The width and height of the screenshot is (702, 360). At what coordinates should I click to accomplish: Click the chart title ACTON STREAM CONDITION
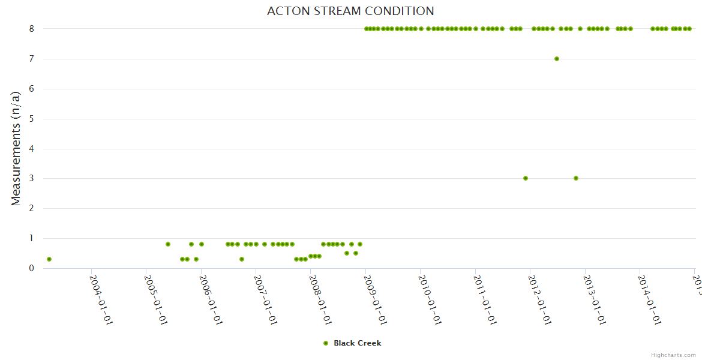(350, 11)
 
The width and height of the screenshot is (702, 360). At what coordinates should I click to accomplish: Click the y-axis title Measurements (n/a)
(16, 149)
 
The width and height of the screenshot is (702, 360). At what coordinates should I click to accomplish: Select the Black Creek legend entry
(357, 343)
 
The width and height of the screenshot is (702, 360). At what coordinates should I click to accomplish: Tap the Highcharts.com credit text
(673, 355)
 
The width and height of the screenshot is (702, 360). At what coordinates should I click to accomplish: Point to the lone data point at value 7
(557, 59)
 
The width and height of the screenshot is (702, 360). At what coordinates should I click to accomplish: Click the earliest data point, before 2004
(49, 259)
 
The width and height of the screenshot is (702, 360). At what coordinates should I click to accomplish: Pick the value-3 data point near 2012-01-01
(526, 178)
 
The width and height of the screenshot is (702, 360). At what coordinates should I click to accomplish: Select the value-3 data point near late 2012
(576, 178)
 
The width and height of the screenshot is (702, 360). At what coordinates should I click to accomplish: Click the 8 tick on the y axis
(31, 29)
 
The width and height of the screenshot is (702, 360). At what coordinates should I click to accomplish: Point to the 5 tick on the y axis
(31, 119)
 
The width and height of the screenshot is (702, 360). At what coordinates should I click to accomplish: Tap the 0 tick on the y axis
(31, 268)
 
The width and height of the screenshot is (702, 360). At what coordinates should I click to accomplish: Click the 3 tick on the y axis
(31, 178)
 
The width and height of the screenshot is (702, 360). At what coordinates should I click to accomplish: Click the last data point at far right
(689, 29)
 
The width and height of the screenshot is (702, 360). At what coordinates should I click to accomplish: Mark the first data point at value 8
(367, 29)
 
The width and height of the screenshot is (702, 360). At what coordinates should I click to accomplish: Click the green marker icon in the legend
(326, 343)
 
